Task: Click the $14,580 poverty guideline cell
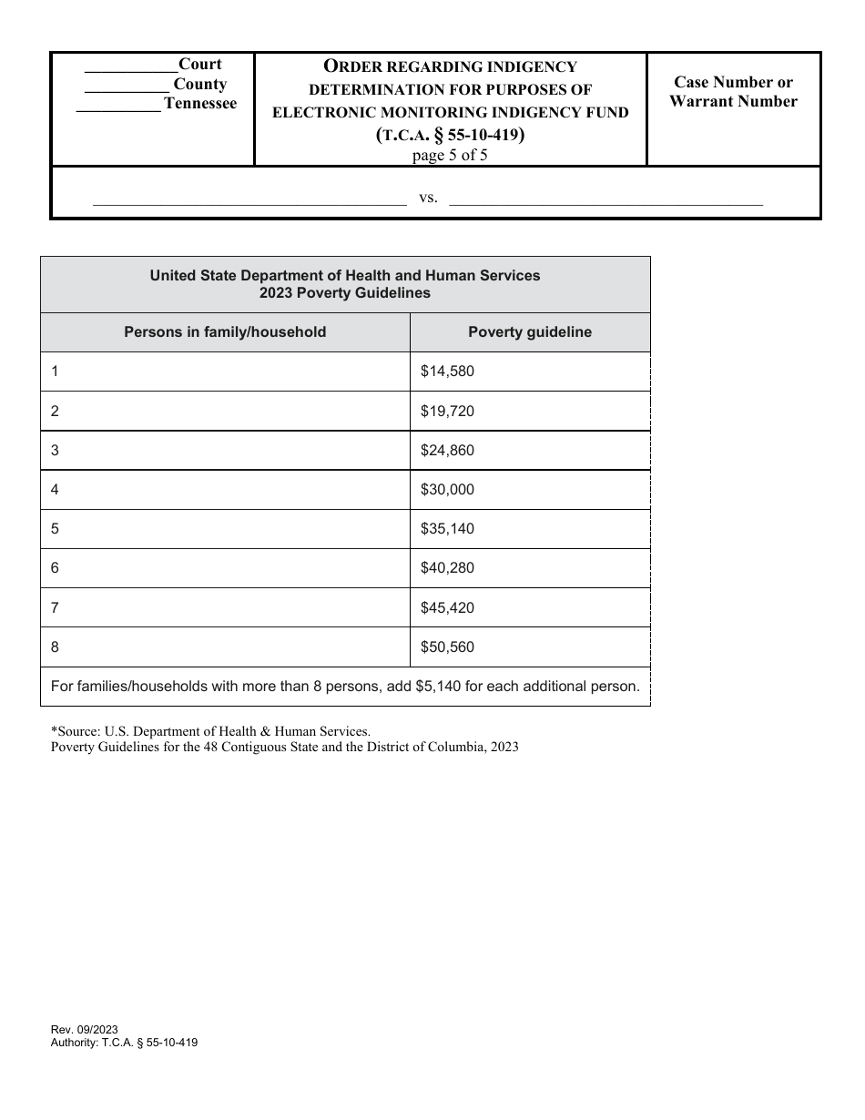(447, 372)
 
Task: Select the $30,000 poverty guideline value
(447, 490)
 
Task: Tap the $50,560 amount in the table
(447, 647)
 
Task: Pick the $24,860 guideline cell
(447, 451)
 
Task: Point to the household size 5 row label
(56, 529)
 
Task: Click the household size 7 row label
(56, 607)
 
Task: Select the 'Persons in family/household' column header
(225, 332)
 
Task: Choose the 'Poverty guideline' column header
(530, 332)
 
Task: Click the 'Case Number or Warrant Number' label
(733, 92)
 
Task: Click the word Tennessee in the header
(199, 104)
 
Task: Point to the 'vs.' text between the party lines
(429, 198)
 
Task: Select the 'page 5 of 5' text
(451, 154)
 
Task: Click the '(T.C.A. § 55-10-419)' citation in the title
(451, 135)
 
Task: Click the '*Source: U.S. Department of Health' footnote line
(210, 730)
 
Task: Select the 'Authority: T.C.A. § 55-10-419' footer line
(125, 1044)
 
